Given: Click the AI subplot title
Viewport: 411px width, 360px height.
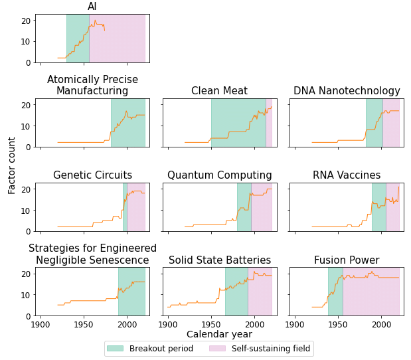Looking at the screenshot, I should click(x=92, y=7).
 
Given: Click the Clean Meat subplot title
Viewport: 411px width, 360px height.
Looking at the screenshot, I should click(x=219, y=91).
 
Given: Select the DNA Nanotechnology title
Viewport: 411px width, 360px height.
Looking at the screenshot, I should click(x=347, y=91).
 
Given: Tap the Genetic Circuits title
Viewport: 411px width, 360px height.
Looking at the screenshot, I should click(x=92, y=175).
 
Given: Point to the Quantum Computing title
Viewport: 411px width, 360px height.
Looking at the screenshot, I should click(x=219, y=175).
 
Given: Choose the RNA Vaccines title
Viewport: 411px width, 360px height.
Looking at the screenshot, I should click(x=347, y=175).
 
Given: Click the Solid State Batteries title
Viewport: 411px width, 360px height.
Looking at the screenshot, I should click(x=219, y=260).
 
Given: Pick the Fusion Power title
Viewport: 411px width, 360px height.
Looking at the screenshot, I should click(x=347, y=260).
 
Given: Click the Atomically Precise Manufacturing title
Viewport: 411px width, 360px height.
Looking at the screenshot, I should click(x=92, y=85).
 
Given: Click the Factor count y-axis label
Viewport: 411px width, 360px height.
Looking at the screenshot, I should click(x=12, y=165).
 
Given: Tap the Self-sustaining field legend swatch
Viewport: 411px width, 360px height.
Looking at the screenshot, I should click(x=217, y=349).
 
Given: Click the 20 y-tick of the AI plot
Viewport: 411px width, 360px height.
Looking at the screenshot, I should click(x=27, y=20).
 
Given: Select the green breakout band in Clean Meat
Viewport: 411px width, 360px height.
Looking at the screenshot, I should click(x=238, y=123).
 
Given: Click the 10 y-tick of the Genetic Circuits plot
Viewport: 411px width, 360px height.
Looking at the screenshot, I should click(x=27, y=210).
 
